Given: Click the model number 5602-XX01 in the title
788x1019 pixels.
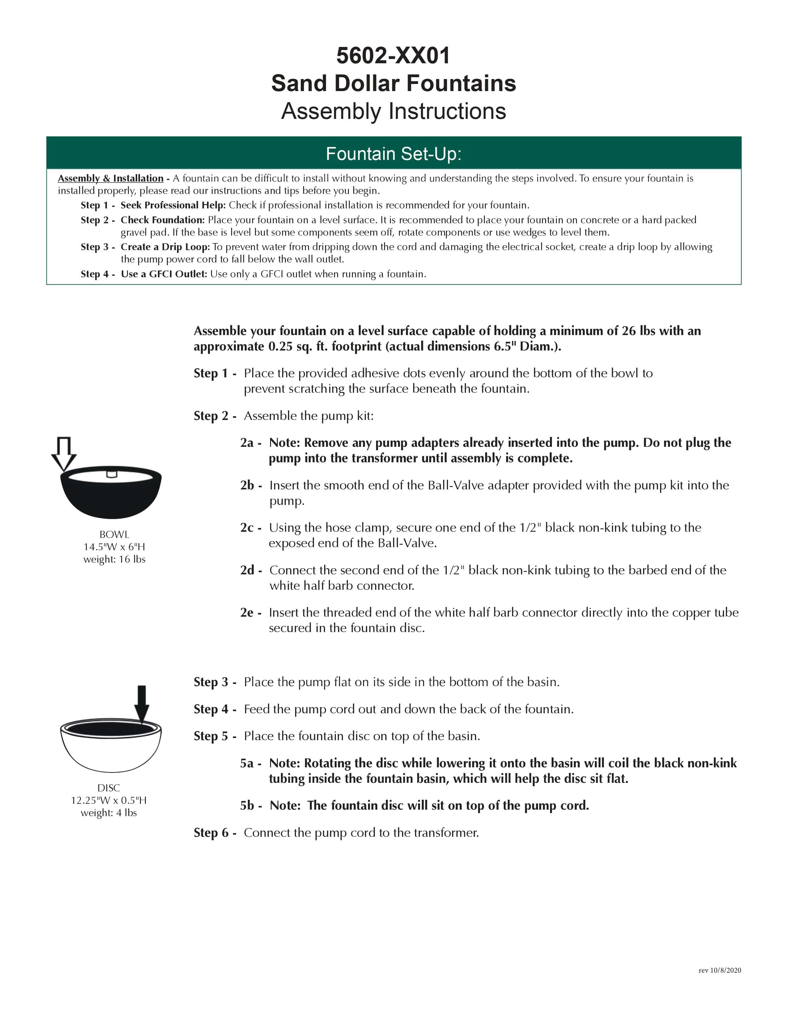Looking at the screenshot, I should pos(393,56).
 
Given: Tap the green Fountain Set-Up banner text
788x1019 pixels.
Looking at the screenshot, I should pos(393,153).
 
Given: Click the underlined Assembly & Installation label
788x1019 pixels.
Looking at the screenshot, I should pos(111,178).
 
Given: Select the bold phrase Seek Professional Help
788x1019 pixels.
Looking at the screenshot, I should pos(173,205).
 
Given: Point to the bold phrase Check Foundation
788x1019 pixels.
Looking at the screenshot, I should pos(163,220).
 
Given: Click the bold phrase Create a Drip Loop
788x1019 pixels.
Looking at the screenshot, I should pos(165,247).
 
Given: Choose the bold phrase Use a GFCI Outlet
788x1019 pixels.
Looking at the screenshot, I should pos(164,274).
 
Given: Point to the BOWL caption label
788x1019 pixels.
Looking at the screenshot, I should pos(114,534).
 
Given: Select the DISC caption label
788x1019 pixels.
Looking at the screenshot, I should pos(109,788).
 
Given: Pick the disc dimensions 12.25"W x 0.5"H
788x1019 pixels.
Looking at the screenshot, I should pos(109,800).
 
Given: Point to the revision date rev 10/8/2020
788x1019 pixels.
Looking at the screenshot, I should pos(719,970).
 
